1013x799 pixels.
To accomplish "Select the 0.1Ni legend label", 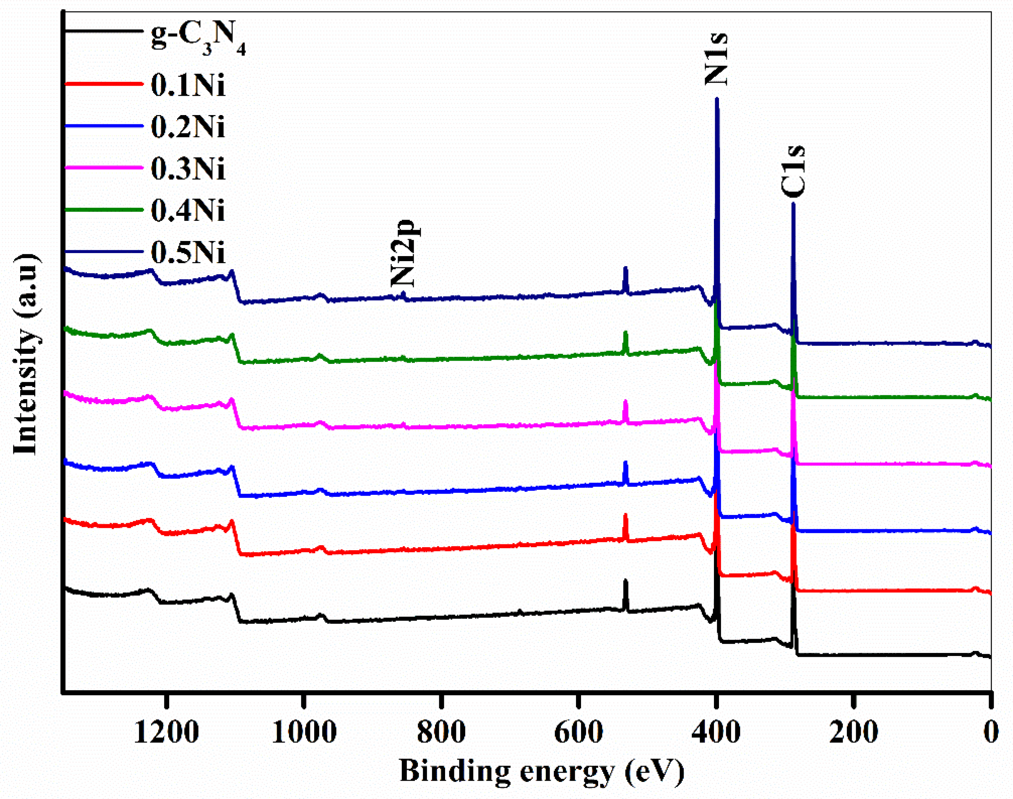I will tap(188, 85).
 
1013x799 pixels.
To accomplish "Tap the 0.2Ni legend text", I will tap(188, 127).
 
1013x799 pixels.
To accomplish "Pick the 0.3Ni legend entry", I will tap(188, 169).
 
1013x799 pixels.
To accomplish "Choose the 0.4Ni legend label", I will tap(188, 210).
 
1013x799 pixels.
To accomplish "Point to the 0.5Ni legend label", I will tap(188, 252).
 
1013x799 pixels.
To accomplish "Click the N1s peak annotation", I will tap(716, 59).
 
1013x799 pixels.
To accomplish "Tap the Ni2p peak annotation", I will tap(404, 253).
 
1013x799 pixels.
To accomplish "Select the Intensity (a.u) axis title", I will tap(26, 354).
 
